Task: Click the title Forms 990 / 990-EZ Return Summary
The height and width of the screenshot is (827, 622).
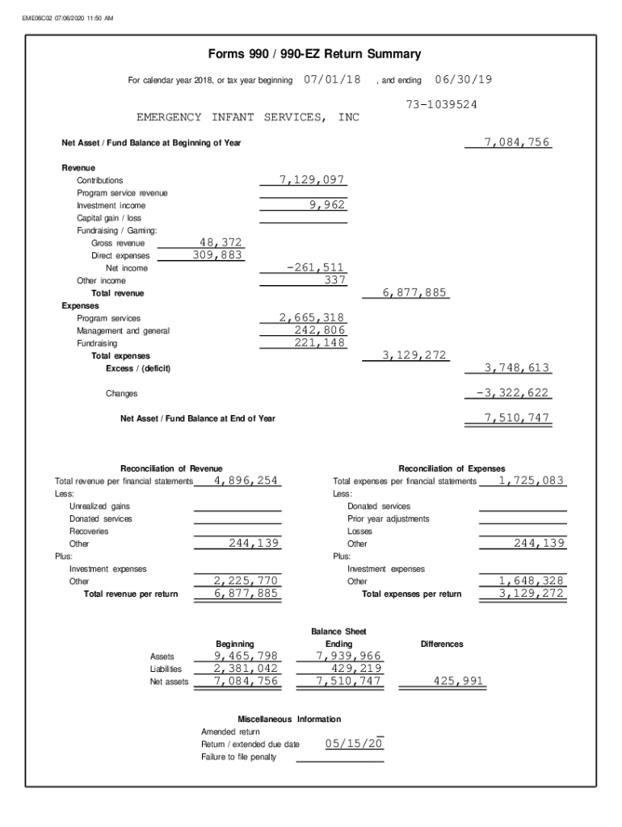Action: point(314,55)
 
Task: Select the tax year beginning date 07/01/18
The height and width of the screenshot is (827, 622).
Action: point(332,79)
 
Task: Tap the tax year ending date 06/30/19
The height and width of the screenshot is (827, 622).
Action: point(464,79)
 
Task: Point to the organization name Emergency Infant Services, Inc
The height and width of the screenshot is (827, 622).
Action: point(248,118)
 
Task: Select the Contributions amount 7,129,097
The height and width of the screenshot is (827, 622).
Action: point(312,180)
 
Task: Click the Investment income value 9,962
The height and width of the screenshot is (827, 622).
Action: point(328,205)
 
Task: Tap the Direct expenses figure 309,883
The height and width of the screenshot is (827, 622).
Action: point(217,254)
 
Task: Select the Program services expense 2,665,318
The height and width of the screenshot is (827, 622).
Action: point(312,317)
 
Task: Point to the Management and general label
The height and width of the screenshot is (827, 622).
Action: point(123,331)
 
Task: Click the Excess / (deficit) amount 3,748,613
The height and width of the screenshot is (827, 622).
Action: point(517,367)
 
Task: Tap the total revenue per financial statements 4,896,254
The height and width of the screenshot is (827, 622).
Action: point(246,481)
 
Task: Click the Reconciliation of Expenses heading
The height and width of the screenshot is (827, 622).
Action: point(452,468)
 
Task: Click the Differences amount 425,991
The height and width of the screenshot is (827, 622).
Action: point(458,682)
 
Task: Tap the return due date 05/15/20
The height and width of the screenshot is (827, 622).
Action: point(354,743)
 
